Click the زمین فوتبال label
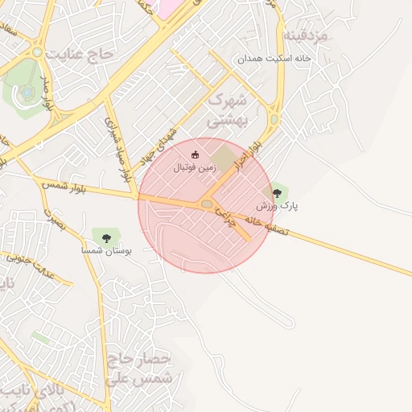coord(195,170)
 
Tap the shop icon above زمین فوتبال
coord(195,154)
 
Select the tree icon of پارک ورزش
coord(278,193)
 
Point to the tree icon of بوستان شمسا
coord(106,237)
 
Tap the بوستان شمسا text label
coord(106,251)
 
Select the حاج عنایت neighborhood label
coord(81,55)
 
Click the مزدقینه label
coord(303,37)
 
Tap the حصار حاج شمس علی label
coord(138,368)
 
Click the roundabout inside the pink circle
coord(207,205)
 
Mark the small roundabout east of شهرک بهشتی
coord(274,120)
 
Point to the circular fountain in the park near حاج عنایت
coord(27,93)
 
